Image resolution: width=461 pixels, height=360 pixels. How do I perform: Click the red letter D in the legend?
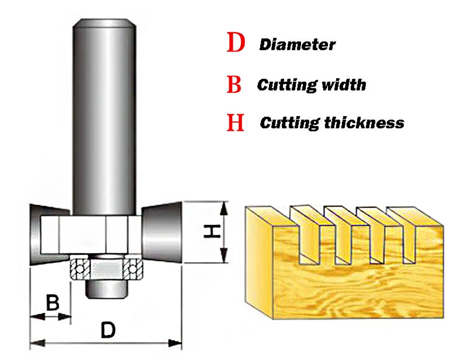tap(236, 43)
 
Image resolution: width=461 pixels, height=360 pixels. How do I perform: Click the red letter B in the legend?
tap(234, 84)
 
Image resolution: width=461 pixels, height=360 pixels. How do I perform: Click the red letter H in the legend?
tap(235, 123)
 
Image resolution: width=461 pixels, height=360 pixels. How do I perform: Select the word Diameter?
tap(297, 45)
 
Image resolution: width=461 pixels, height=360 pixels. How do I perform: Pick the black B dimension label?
tap(52, 303)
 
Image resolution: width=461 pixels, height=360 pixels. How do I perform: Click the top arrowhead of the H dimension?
tap(223, 207)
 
